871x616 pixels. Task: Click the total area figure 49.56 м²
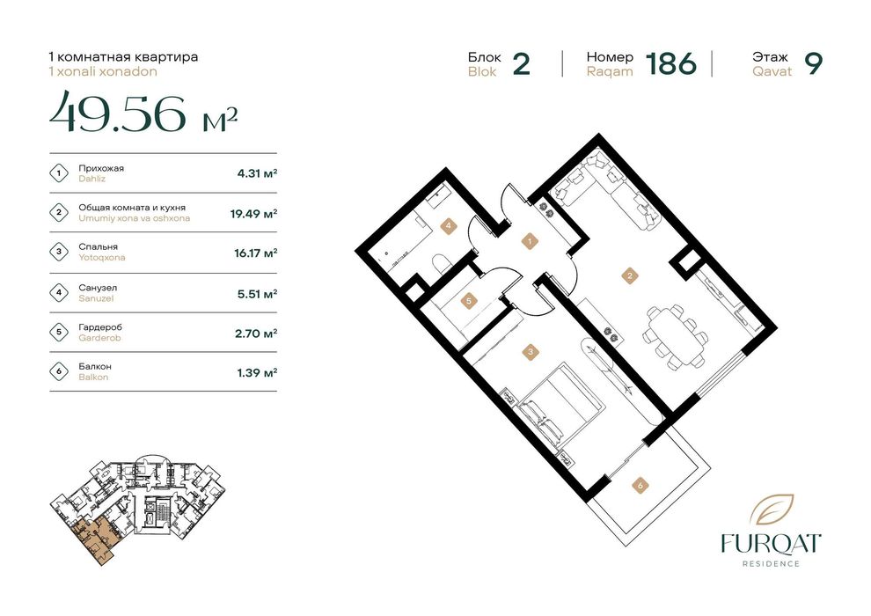click(x=143, y=113)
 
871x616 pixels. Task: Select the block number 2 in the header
click(x=521, y=64)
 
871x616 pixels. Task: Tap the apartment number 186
click(x=671, y=64)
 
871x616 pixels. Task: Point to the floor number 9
click(x=813, y=64)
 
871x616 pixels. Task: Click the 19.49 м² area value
click(x=254, y=213)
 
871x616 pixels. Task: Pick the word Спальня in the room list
click(x=98, y=246)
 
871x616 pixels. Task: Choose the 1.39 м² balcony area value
click(x=257, y=372)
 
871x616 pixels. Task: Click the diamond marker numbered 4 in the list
click(x=59, y=292)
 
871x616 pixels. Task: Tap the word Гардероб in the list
click(x=100, y=327)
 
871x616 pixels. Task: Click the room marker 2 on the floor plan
click(x=629, y=275)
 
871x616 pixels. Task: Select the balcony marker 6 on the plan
click(x=640, y=486)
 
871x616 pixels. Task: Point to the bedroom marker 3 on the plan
click(x=531, y=351)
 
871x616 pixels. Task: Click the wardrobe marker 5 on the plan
click(x=469, y=301)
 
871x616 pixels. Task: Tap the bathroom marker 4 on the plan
click(x=448, y=225)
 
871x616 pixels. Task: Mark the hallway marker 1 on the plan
click(x=530, y=242)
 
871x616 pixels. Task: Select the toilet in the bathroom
click(x=441, y=264)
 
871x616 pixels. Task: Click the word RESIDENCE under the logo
click(x=771, y=563)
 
